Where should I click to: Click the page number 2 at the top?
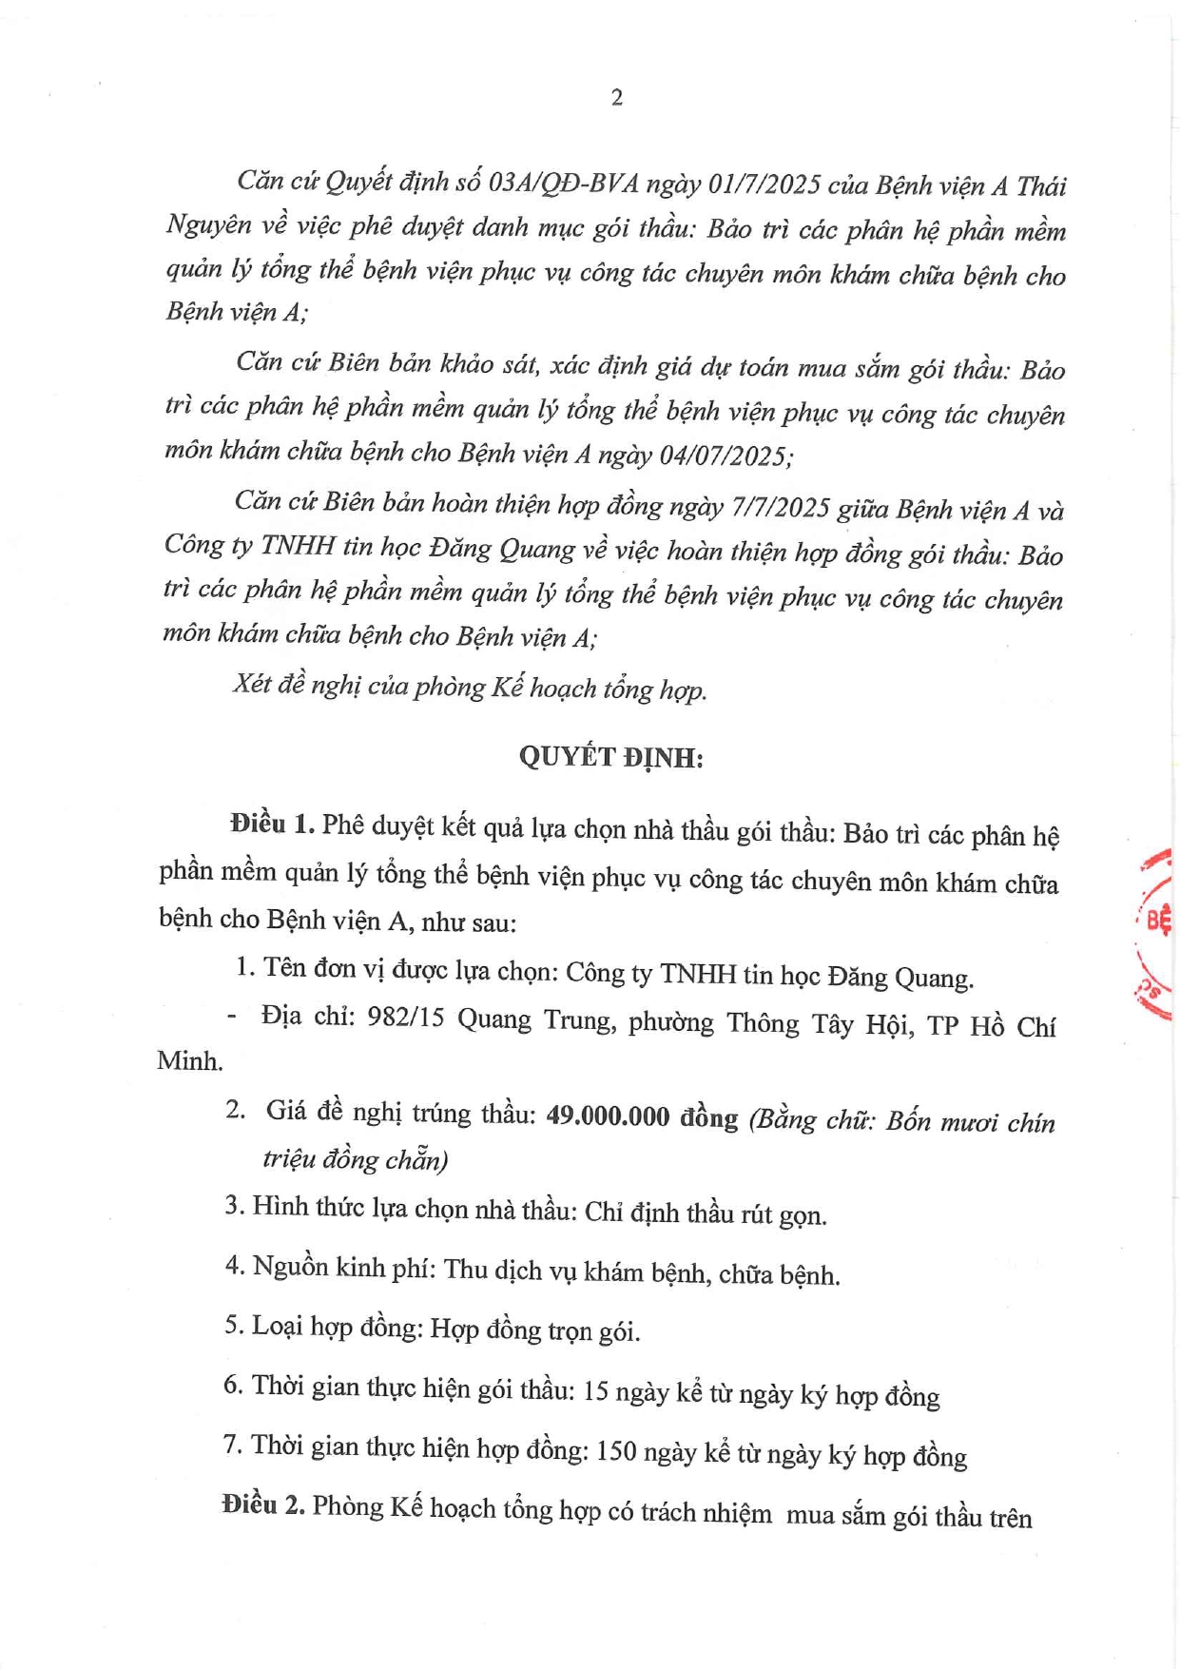pyautogui.click(x=617, y=97)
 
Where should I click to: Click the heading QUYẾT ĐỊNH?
pyautogui.click(x=610, y=758)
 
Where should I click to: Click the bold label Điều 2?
pyautogui.click(x=262, y=1504)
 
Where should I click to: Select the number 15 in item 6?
pyautogui.click(x=595, y=1391)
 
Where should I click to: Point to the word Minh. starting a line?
pyautogui.click(x=189, y=1061)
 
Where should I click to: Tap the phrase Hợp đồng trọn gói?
pyautogui.click(x=534, y=1330)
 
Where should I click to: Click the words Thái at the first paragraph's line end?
pyautogui.click(x=1040, y=186)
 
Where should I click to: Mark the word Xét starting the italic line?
pyautogui.click(x=252, y=685)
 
